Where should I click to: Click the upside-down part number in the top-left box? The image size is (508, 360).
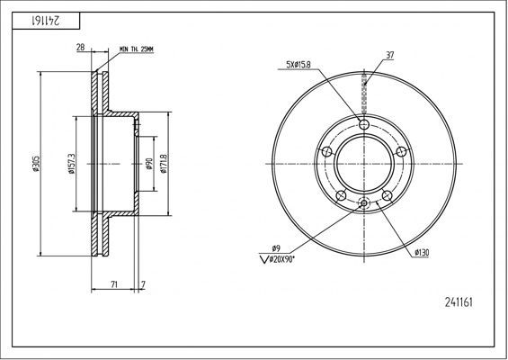46,21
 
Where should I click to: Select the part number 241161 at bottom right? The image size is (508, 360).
459,302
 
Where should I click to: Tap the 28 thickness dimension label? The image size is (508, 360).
80,48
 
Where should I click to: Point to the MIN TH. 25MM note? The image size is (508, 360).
137,49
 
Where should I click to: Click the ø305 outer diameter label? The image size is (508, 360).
36,164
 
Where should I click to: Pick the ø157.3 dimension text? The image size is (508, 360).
72,164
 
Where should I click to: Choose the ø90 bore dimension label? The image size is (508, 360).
148,164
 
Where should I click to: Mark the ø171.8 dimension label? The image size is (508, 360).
164,164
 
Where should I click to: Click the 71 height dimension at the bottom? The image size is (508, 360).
113,284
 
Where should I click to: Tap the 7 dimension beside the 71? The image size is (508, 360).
143,284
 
